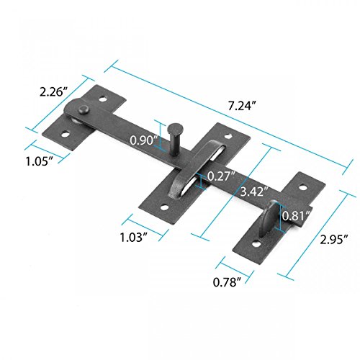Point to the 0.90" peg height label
coord(145,141)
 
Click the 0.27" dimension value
coord(220,176)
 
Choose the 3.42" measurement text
coord(248,192)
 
